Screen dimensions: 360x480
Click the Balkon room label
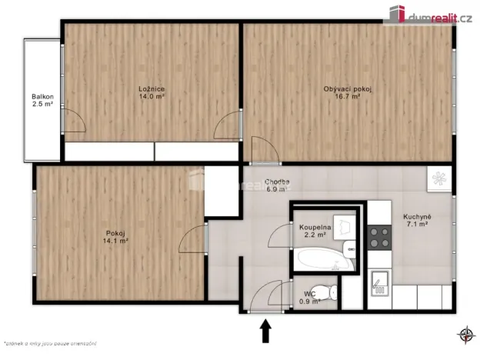42,96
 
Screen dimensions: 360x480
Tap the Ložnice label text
152,88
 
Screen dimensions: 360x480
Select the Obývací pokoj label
348,88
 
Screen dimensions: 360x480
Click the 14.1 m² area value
118,240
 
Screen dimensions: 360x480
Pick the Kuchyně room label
418,217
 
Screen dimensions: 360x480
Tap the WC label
309,293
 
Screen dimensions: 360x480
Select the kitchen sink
378,283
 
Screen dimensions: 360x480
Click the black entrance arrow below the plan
266,332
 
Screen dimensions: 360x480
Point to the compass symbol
466,335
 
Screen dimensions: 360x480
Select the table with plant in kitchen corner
439,178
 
